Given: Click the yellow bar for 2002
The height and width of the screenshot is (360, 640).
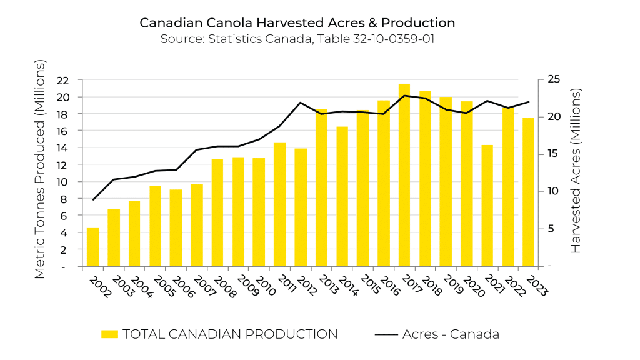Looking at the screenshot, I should (92, 247).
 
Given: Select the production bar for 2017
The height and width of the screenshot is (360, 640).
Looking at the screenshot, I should (404, 175).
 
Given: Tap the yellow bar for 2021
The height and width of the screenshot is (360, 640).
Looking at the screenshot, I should (487, 206).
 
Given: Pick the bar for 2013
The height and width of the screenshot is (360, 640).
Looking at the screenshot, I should (321, 188).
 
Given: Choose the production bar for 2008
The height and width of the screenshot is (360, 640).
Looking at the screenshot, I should (217, 212).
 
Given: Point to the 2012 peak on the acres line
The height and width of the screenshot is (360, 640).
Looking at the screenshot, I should (301, 102).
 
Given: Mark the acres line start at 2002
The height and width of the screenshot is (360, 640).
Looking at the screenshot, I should (93, 199).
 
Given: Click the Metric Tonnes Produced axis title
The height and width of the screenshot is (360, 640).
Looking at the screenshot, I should (39, 169).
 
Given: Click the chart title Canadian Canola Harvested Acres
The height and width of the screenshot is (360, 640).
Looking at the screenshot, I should (297, 23).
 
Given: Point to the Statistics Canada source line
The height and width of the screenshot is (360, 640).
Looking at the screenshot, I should (297, 39).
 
